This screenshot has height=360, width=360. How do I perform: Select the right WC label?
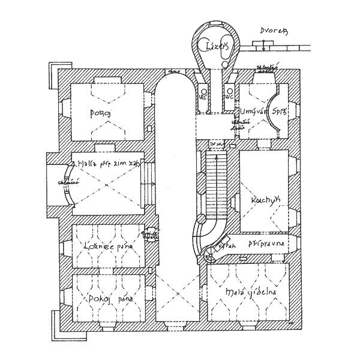coord(229,96)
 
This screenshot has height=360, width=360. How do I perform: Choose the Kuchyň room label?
coord(263,199)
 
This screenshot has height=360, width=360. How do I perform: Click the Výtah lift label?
coord(226,245)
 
